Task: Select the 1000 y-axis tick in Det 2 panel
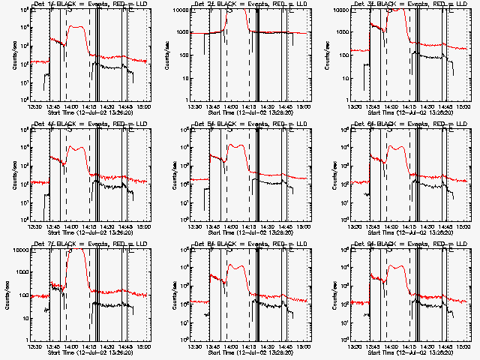pyautogui.click(x=186, y=33)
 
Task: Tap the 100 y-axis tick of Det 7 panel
pyautogui.click(x=26, y=295)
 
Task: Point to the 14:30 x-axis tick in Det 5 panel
pyautogui.click(x=267, y=226)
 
